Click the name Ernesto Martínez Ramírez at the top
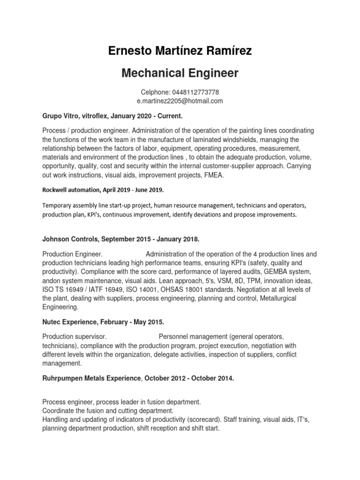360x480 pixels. click(180, 51)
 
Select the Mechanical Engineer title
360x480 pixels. click(180, 73)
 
